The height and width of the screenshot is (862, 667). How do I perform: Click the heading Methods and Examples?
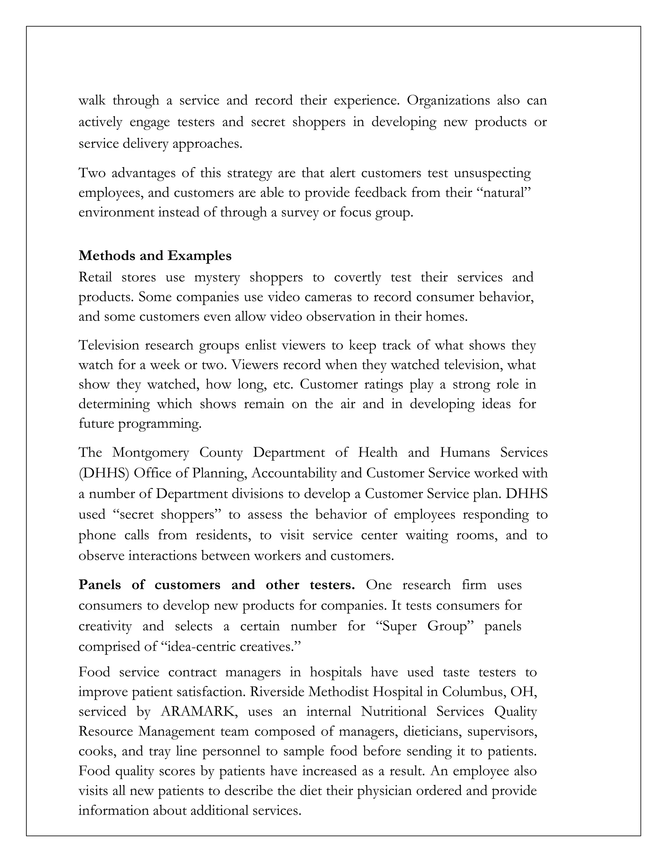pyautogui.click(x=155, y=256)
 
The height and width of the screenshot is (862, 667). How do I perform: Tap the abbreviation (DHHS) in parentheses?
pyautogui.click(x=104, y=473)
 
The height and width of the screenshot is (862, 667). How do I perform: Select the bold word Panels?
pyautogui.click(x=100, y=585)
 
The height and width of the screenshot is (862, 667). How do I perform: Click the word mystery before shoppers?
pyautogui.click(x=217, y=277)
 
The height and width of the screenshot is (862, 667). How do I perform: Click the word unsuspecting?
pyautogui.click(x=492, y=173)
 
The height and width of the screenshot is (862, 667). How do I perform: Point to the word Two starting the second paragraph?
pyautogui.click(x=92, y=173)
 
